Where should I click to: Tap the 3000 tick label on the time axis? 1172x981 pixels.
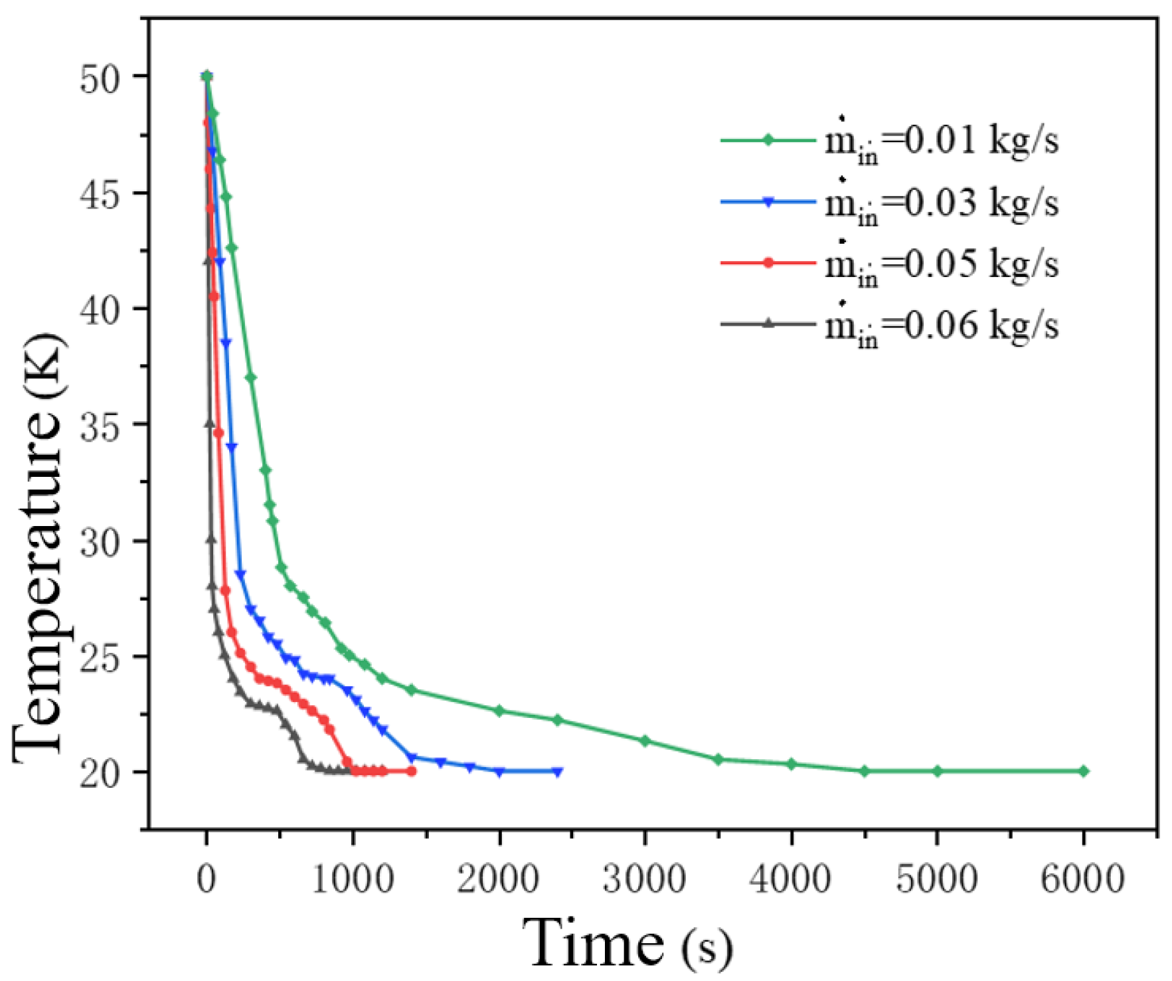coord(644,879)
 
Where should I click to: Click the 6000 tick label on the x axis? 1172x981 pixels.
coord(1083,879)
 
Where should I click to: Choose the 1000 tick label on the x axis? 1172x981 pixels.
coord(353,879)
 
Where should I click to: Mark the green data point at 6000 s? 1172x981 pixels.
coord(1084,771)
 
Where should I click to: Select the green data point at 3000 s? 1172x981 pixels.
coord(645,741)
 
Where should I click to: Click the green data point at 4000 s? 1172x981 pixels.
coord(791,764)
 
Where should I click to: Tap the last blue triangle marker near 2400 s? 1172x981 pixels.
coord(558,772)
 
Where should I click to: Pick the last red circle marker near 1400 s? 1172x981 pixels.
coord(411,771)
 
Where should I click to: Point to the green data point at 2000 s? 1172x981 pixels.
coord(499,711)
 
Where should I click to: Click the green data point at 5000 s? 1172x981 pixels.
coord(937,771)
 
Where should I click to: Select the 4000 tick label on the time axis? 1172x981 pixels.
coord(790,879)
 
